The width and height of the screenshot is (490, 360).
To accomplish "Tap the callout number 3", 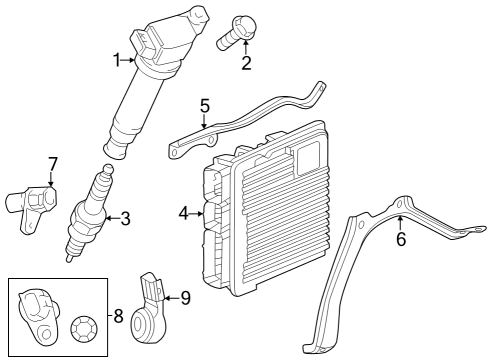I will click(x=125, y=217).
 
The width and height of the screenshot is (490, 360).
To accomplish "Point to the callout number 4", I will click(x=184, y=212).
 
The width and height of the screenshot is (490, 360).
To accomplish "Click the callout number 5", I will click(x=204, y=104).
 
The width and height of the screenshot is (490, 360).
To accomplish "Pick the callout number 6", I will click(x=401, y=240).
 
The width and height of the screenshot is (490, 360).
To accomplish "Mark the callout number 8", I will click(x=118, y=317).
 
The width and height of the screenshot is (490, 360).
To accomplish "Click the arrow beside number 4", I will click(x=197, y=212).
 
